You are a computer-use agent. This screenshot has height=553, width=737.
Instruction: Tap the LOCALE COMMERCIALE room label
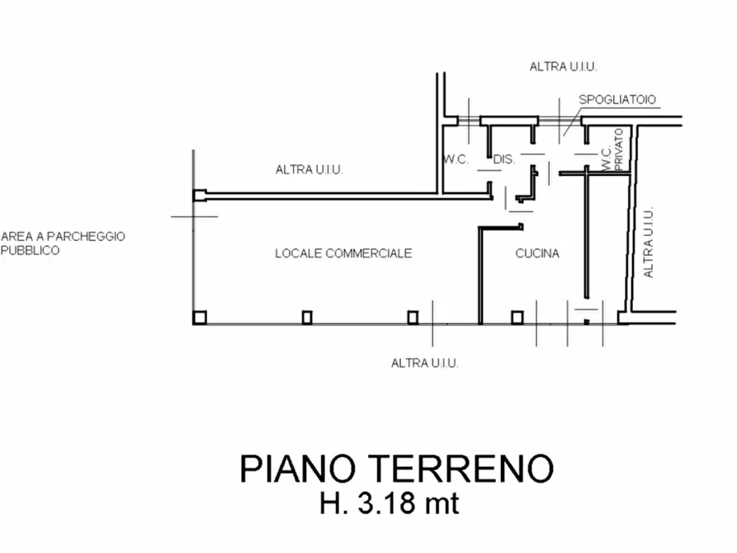343,253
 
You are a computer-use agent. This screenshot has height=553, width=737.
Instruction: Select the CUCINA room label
537,253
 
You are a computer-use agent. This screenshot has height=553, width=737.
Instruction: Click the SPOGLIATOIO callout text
617,100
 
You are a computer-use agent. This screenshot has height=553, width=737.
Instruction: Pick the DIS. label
504,159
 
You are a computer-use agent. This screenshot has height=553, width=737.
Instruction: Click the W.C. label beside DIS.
456,159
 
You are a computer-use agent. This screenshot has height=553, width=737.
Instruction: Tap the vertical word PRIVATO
618,149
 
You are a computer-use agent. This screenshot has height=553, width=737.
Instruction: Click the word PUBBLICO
30,250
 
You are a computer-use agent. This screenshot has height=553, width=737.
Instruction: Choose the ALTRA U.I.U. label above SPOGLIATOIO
563,67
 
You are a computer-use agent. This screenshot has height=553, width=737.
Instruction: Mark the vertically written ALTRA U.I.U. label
648,243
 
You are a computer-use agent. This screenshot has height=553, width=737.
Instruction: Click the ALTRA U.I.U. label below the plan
424,363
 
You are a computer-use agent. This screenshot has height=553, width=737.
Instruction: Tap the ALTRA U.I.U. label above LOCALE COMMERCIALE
309,169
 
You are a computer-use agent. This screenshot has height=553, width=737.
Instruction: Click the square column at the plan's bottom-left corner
200,318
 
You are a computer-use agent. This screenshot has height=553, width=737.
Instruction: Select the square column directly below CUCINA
517,318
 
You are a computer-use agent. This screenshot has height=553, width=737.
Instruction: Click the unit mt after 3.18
442,504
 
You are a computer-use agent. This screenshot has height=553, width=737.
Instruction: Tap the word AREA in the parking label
17,236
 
